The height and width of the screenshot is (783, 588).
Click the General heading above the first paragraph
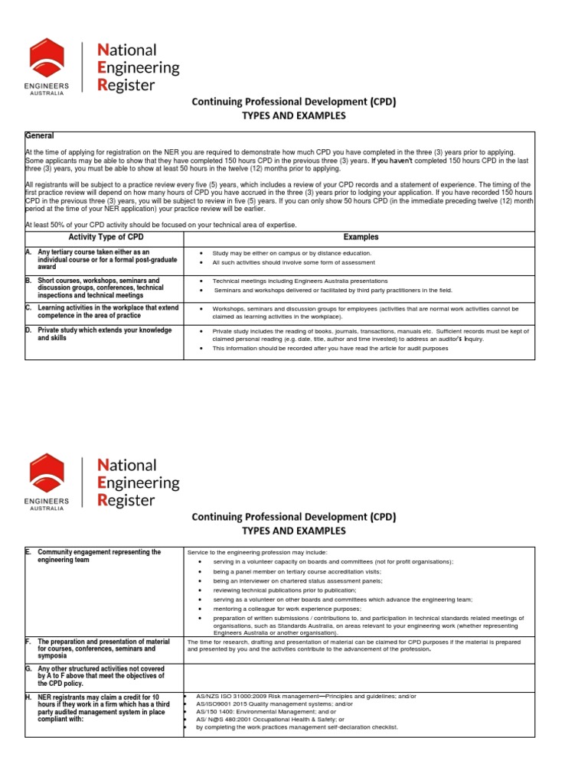(40, 135)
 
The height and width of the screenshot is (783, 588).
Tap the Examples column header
(361, 237)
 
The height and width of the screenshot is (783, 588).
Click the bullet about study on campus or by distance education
(292, 253)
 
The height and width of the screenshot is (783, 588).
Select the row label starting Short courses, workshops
(100, 288)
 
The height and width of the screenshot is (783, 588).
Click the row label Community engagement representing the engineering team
(100, 556)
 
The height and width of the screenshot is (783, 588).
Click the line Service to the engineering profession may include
(257, 552)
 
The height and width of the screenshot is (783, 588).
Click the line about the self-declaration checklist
(297, 727)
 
